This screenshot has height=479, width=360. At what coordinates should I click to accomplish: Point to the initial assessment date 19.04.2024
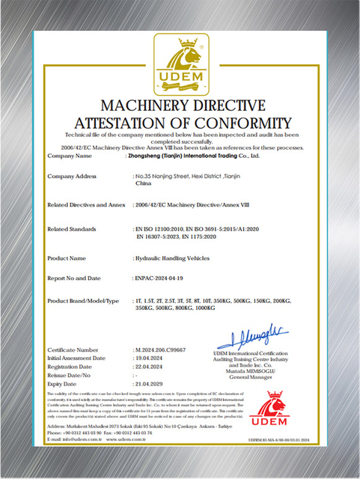click(149, 358)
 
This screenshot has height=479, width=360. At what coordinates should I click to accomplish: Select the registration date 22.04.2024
click(149, 367)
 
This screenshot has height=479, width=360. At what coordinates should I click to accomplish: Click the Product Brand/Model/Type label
click(83, 300)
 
